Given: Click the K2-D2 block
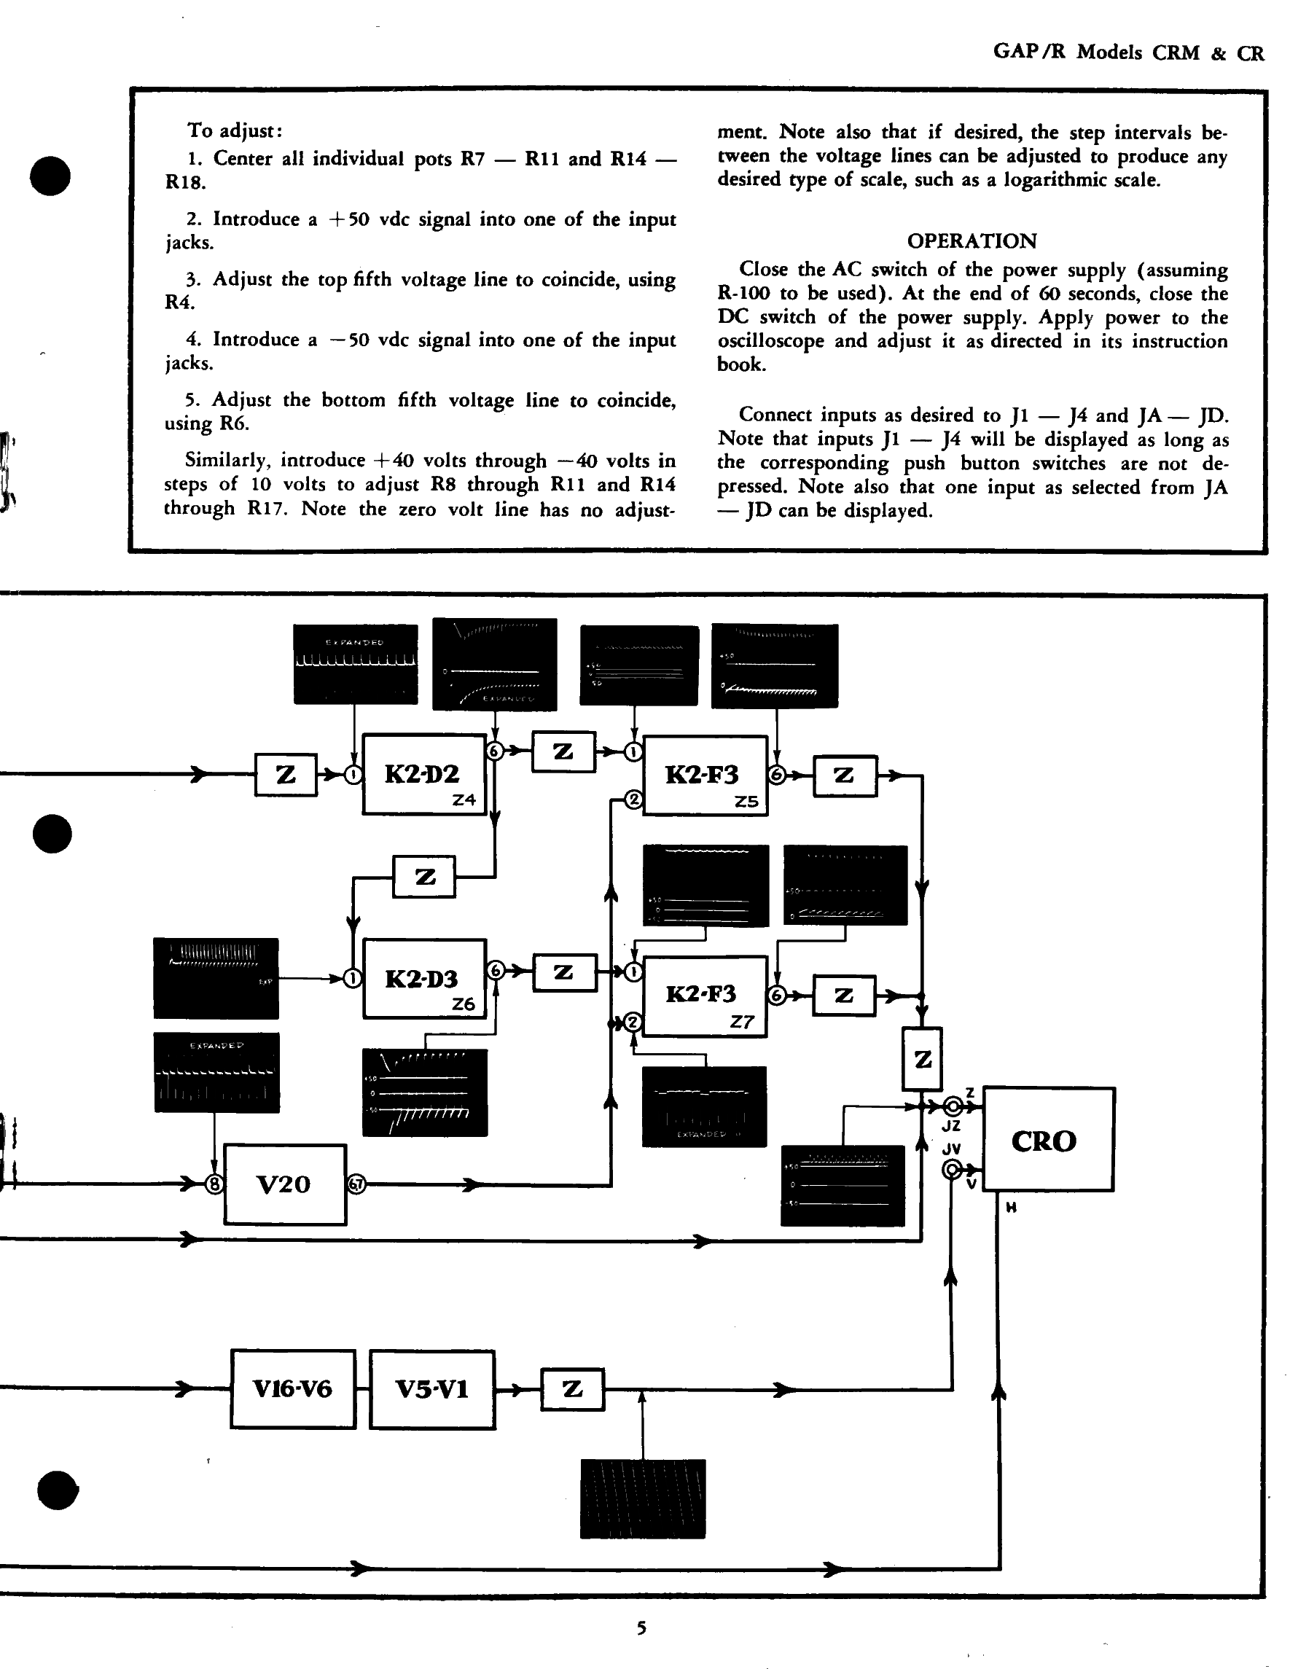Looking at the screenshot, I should [x=423, y=774].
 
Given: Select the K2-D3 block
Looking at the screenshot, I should [x=424, y=978].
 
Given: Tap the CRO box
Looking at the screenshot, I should [x=1047, y=1139].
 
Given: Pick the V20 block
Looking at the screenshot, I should [x=284, y=1184].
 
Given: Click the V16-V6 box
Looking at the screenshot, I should [x=293, y=1388].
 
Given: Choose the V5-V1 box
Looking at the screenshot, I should [x=431, y=1388].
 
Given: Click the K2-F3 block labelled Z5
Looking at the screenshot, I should [x=705, y=775].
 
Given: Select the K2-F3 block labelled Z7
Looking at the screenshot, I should [x=704, y=995].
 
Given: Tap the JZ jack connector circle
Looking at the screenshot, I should [x=953, y=1106].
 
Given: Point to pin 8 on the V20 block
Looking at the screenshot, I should [x=215, y=1184].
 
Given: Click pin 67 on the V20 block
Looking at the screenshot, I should [x=356, y=1184].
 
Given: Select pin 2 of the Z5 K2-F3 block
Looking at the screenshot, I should [x=633, y=800].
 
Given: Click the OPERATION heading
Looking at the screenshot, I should [x=972, y=241].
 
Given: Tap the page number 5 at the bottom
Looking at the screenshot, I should [x=642, y=1628].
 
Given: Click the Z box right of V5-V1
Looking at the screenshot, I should [x=572, y=1389].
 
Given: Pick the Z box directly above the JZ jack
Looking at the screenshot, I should [x=923, y=1059].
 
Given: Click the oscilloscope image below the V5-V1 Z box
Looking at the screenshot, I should [x=643, y=1498].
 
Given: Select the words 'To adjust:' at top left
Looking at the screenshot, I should [x=235, y=130].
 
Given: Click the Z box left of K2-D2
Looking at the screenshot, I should [x=286, y=775].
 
